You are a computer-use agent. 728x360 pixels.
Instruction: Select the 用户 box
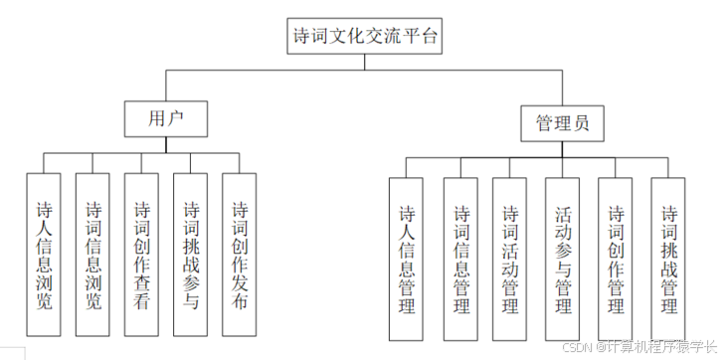click(x=165, y=118)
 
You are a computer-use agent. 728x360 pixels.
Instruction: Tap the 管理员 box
click(x=563, y=123)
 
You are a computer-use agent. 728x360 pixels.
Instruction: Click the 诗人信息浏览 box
click(x=44, y=256)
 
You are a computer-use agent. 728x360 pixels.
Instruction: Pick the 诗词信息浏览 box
click(x=93, y=256)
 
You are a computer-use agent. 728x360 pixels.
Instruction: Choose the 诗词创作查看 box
click(x=142, y=256)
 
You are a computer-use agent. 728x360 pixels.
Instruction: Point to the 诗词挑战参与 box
click(x=191, y=256)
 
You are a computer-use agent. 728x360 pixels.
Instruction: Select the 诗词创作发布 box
click(x=240, y=256)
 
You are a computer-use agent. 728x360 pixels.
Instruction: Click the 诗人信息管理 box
click(x=406, y=260)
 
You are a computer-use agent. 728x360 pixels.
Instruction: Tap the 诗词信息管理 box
click(x=461, y=260)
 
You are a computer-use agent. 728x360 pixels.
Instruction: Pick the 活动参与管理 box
click(x=563, y=260)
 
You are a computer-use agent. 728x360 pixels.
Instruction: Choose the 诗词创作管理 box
click(x=616, y=260)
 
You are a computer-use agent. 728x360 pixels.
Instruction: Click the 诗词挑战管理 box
click(x=668, y=260)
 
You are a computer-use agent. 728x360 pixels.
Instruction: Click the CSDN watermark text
click(x=640, y=346)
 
